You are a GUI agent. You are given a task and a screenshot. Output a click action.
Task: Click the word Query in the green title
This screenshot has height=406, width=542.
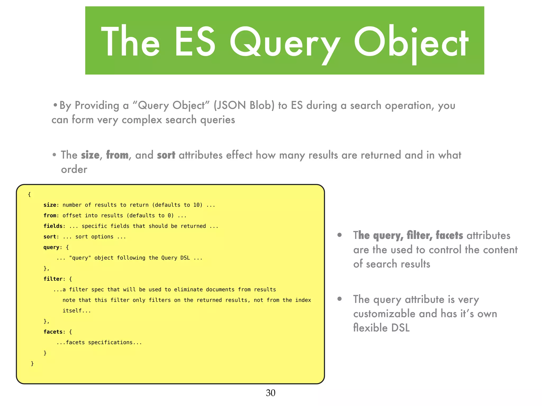pyautogui.click(x=284, y=42)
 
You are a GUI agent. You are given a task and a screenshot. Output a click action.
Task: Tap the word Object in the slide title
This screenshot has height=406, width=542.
pyautogui.click(x=411, y=42)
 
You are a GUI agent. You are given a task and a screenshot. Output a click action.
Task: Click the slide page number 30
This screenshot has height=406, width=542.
pyautogui.click(x=270, y=393)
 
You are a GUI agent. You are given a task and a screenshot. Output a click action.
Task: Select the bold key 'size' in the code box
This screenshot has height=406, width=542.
pyautogui.click(x=50, y=205)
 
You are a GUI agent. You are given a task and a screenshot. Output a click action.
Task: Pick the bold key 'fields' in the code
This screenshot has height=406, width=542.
pyautogui.click(x=53, y=226)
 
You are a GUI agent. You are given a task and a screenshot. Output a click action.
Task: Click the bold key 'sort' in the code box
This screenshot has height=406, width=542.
pyautogui.click(x=50, y=237)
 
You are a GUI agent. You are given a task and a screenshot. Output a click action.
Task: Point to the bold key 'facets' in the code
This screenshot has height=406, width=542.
pyautogui.click(x=53, y=332)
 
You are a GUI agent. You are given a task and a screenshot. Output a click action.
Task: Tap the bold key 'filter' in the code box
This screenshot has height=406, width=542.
pyautogui.click(x=53, y=279)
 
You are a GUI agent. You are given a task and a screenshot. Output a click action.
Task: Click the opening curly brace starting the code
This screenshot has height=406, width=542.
pyautogui.click(x=29, y=195)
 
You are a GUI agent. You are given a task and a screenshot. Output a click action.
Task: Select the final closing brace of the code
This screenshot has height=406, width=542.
pyautogui.click(x=32, y=363)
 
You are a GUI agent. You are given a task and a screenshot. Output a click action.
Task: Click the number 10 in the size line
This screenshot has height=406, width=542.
pyautogui.click(x=196, y=205)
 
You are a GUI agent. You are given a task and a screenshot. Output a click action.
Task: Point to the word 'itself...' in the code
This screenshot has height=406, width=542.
pyautogui.click(x=77, y=311)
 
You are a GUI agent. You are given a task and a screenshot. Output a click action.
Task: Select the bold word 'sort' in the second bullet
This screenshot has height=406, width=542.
pyautogui.click(x=166, y=155)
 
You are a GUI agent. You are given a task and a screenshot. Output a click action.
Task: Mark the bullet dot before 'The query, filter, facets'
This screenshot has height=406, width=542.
pyautogui.click(x=340, y=235)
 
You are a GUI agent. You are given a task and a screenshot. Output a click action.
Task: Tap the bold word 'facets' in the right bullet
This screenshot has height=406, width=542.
pyautogui.click(x=449, y=235)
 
